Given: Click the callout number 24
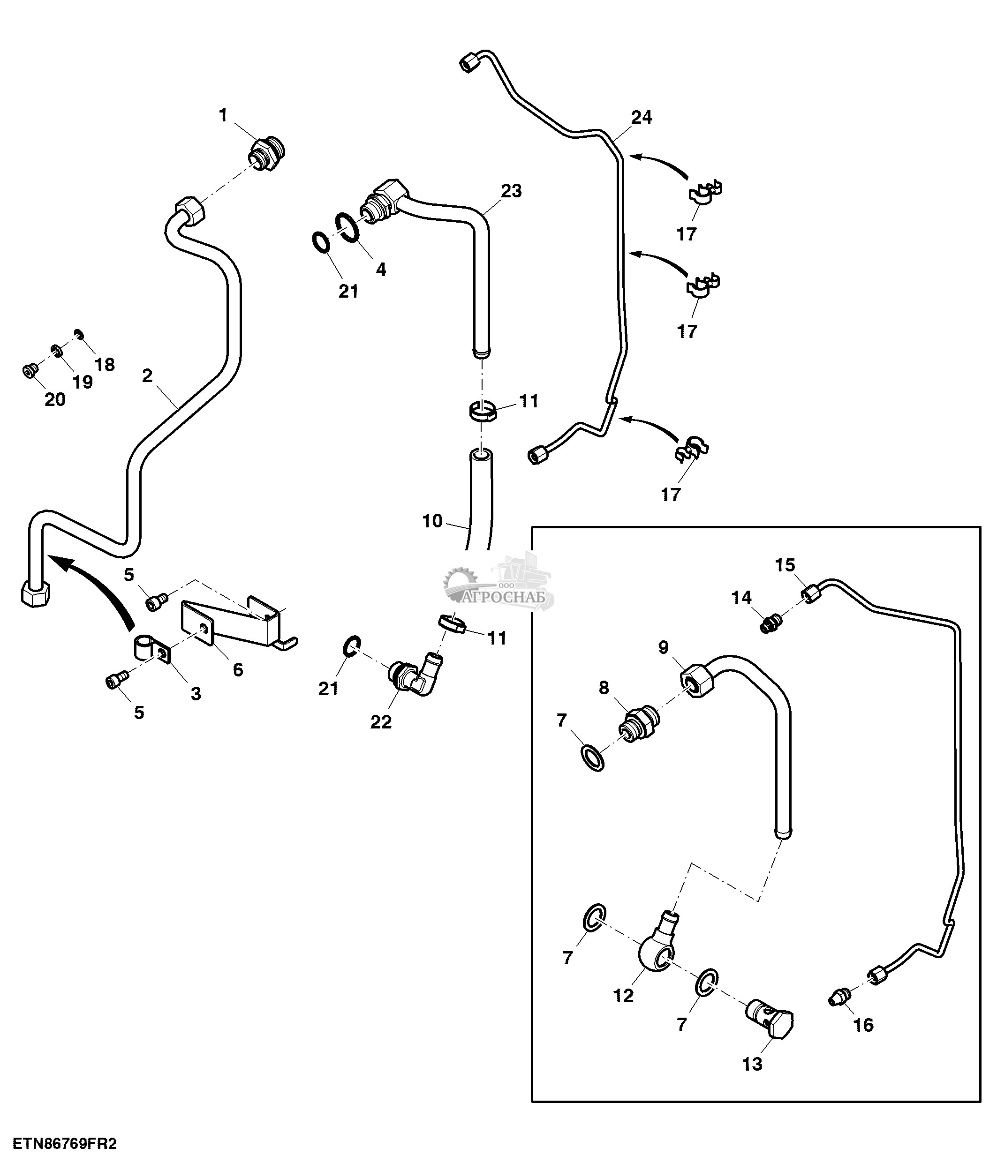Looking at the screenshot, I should pyautogui.click(x=642, y=117).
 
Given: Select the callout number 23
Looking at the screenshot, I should pyautogui.click(x=511, y=191).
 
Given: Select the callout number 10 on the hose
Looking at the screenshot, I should pyautogui.click(x=432, y=521).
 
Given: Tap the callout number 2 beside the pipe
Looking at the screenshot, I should pyautogui.click(x=147, y=375).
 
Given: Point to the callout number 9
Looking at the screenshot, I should pyautogui.click(x=664, y=647).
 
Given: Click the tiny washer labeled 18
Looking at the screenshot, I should pyautogui.click(x=80, y=335).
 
